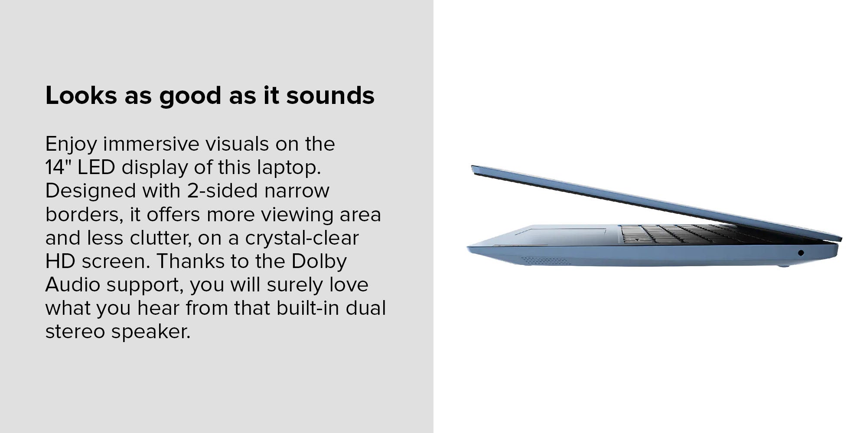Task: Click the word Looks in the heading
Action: point(81,95)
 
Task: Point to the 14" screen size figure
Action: point(58,167)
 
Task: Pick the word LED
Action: point(96,168)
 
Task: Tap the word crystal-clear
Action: point(302,238)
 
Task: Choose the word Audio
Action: point(73,285)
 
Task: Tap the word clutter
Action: point(161,238)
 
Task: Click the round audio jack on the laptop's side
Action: point(801,253)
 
